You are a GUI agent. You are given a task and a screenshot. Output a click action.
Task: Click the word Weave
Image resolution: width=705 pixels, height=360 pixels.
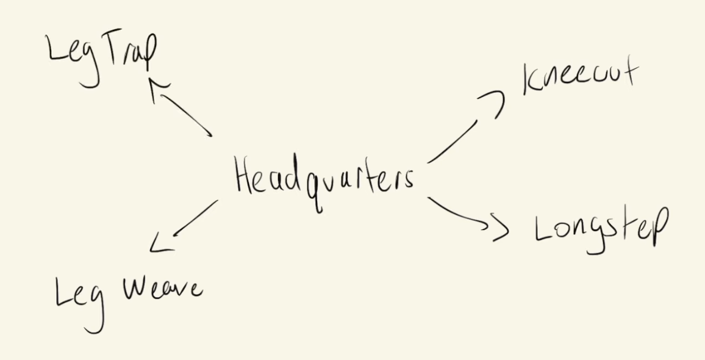click(x=163, y=289)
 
